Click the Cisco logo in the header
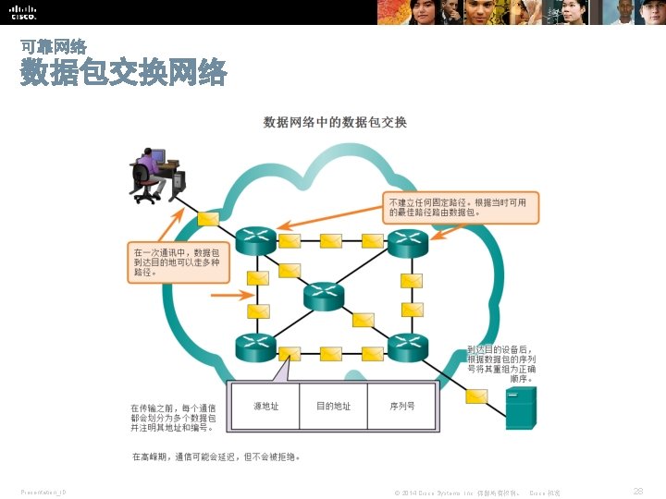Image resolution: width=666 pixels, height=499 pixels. click(x=23, y=11)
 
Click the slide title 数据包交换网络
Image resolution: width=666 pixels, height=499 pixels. click(x=123, y=73)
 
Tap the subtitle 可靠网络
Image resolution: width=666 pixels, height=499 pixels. click(x=54, y=45)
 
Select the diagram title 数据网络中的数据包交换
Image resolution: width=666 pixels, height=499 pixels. click(x=335, y=122)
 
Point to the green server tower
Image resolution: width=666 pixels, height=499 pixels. click(x=520, y=408)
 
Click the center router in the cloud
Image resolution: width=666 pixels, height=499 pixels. click(x=324, y=296)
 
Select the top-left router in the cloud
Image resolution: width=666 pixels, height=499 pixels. click(x=254, y=241)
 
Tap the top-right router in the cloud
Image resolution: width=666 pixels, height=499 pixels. click(x=407, y=242)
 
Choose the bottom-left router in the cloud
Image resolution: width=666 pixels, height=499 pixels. click(x=254, y=347)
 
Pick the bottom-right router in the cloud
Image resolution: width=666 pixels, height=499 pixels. click(x=407, y=347)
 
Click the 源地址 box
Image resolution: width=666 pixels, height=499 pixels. click(x=265, y=406)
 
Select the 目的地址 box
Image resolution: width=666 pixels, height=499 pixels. click(x=333, y=406)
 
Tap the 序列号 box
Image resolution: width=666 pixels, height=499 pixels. click(x=402, y=406)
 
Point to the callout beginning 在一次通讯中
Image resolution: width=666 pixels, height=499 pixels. click(x=178, y=262)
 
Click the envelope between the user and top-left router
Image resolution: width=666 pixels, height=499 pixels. click(x=208, y=219)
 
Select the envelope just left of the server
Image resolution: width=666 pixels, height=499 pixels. click(x=475, y=396)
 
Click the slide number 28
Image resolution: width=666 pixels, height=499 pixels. click(x=638, y=492)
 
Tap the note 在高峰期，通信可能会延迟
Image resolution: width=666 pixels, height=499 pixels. click(x=216, y=456)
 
